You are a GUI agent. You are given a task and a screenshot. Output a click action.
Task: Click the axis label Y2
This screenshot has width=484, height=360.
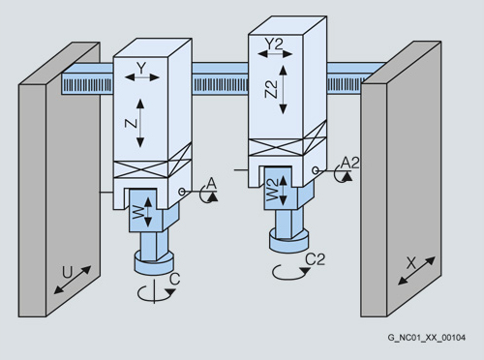coord(274,44)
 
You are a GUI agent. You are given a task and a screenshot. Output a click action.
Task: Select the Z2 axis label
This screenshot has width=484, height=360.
coord(271,89)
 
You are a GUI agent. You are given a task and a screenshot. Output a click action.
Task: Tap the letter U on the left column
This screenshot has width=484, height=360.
coord(67,273)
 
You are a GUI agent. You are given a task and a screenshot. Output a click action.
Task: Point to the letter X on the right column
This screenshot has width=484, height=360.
coord(411,263)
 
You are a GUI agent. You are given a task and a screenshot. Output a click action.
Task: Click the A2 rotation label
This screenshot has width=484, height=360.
coord(350,163)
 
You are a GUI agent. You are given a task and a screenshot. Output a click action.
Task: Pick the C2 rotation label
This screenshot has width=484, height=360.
coord(316,259)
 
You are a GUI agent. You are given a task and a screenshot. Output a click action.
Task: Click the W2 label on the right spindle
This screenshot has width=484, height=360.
coord(272,190)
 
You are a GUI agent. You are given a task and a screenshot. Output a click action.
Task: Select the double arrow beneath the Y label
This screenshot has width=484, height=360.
coord(142,77)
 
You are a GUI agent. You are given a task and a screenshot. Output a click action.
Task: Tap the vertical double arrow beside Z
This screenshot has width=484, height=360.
coord(140,123)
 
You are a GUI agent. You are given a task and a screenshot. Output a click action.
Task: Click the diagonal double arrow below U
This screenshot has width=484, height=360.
coord(73,280)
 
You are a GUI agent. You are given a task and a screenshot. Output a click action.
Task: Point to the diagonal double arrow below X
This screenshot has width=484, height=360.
coord(416,271)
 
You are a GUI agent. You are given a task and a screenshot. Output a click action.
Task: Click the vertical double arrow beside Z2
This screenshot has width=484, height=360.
coord(283,90)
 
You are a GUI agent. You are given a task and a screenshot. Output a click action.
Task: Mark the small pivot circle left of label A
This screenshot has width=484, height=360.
coord(182,192)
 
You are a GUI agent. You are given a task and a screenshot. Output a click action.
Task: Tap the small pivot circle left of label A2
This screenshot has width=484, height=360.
coord(316,170)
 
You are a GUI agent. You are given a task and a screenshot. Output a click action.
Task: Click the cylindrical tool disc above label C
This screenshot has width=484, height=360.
coord(154,262)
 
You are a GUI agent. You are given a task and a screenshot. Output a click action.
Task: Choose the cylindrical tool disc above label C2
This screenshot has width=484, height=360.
coord(289,240)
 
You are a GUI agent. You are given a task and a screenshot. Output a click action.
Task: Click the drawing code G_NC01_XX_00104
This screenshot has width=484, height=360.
coord(427,338)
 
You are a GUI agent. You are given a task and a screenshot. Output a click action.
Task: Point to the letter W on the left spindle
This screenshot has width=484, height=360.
coord(138,213)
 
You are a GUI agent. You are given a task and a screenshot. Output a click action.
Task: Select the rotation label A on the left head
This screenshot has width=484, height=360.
coord(211,183)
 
